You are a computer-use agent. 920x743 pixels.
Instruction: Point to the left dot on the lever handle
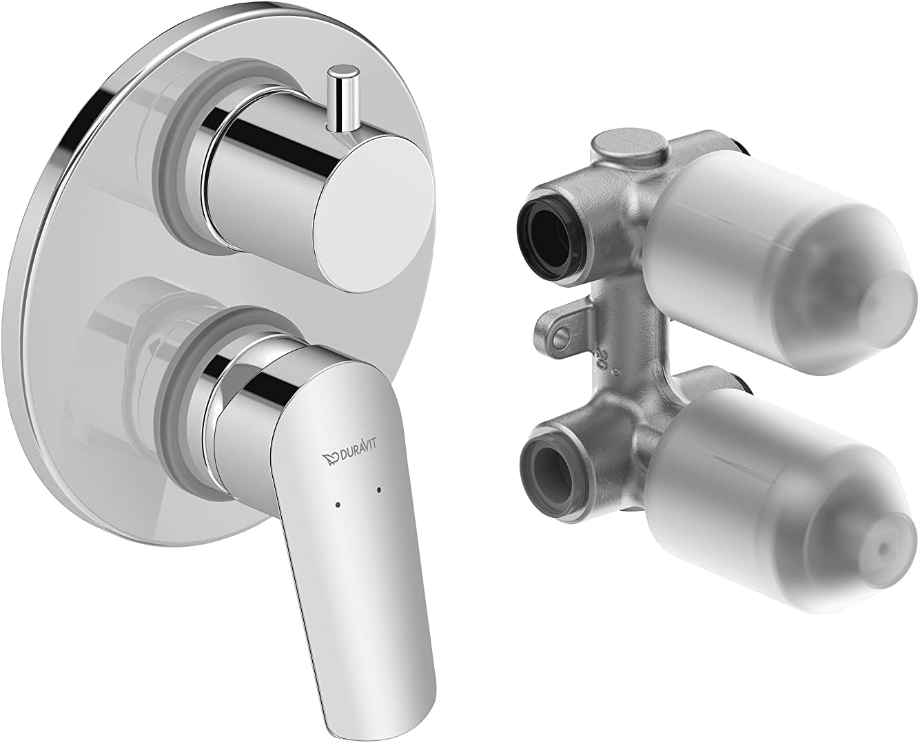[x=337, y=505]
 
